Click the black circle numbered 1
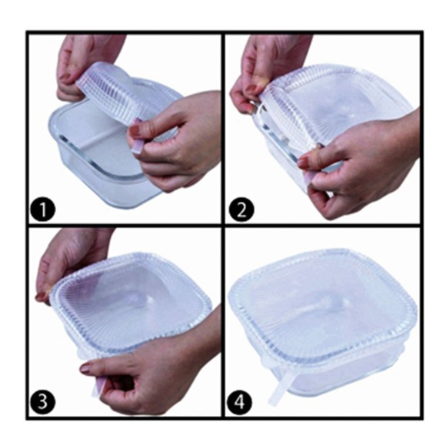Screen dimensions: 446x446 tap(42, 210)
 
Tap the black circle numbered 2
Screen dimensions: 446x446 tap(241, 210)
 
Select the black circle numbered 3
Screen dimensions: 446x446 tap(42, 402)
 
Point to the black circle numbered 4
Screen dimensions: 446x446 tap(240, 402)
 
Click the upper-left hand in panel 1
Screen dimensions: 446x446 tap(85, 65)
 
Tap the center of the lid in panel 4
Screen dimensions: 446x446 tap(321, 308)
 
